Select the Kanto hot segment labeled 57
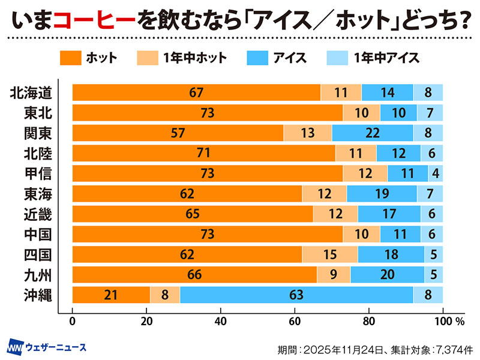pos(178,133)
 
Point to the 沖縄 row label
pos(35,295)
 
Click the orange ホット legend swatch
pos(70,58)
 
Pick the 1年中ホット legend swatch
pos(148,58)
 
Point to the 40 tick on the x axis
pos(221,320)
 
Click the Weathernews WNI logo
pos(16,347)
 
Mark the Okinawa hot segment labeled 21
pos(111,295)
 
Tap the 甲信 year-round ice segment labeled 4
pos(436,173)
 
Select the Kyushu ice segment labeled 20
pos(387,275)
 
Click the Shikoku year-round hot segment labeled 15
pos(329,254)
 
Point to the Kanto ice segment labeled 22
pos(372,133)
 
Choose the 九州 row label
pos(35,275)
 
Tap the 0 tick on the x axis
pos(73,320)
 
